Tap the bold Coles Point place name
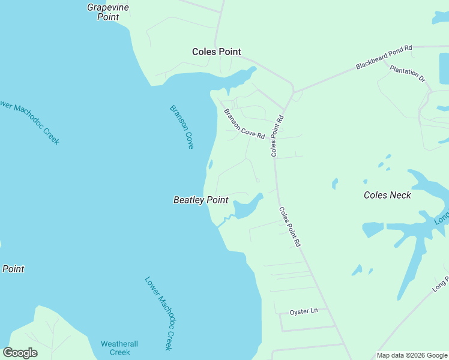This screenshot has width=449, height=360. tap(216, 52)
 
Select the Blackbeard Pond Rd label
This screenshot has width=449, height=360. tap(384, 56)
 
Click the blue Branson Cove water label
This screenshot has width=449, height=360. tap(182, 127)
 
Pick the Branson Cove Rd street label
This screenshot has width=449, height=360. tap(244, 124)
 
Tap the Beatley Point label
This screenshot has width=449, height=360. tap(200, 200)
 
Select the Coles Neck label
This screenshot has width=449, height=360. tap(388, 195)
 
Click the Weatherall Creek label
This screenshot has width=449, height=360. tap(119, 348)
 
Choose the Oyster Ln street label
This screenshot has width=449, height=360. tap(303, 311)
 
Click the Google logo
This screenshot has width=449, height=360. tap(20, 353)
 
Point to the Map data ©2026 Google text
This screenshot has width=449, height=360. tap(412, 355)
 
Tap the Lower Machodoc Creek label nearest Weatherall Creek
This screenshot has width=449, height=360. tap(159, 313)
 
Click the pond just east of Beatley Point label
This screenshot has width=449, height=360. tap(246, 208)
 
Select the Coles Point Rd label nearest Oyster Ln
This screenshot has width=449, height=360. tap(289, 227)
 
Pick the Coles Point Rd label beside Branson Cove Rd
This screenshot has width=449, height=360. tap(277, 136)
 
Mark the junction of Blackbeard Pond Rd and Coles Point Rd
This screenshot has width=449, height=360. tap(293, 92)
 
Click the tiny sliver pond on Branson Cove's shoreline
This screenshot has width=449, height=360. tap(209, 164)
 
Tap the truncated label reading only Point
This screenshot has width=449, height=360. tap(13, 269)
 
